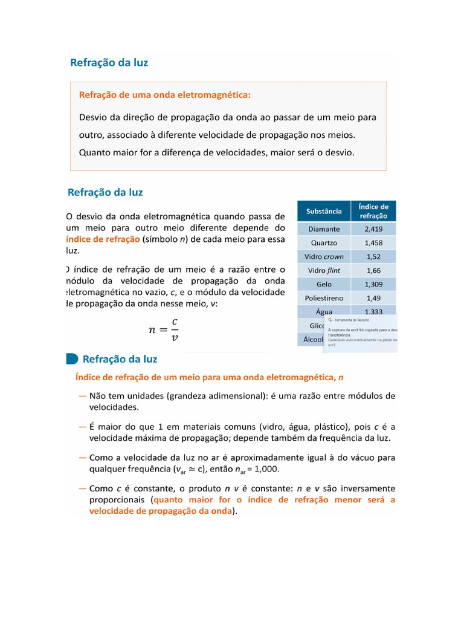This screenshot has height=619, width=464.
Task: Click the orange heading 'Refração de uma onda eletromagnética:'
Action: point(164,95)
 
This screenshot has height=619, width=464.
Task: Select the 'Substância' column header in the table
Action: point(323,211)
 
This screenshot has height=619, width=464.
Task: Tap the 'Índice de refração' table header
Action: point(373,211)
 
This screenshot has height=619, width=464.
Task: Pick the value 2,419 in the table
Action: point(373,229)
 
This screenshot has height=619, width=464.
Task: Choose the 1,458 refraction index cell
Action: point(373,242)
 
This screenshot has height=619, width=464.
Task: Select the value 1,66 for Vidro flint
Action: point(373,270)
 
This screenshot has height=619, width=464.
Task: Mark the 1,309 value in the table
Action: point(373,284)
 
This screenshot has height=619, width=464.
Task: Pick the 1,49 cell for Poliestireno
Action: point(373,298)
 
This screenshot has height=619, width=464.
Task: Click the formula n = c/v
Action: point(164,329)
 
